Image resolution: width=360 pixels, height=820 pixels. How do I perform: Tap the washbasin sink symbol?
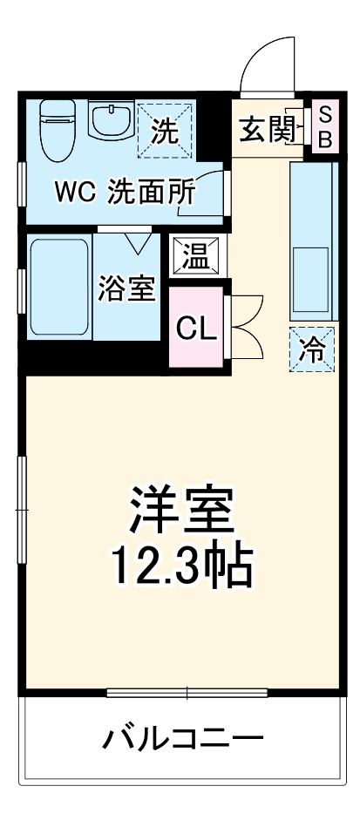point(111,122)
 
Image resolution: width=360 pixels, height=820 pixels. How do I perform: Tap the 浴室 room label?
point(127,288)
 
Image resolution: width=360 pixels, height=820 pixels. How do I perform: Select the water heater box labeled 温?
point(194,256)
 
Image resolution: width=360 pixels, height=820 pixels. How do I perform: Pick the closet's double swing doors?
point(246,327)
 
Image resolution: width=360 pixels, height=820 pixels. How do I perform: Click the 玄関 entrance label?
point(266,130)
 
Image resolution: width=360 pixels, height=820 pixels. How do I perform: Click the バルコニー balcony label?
point(184,741)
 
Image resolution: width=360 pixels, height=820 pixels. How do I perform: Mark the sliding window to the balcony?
point(187,694)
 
